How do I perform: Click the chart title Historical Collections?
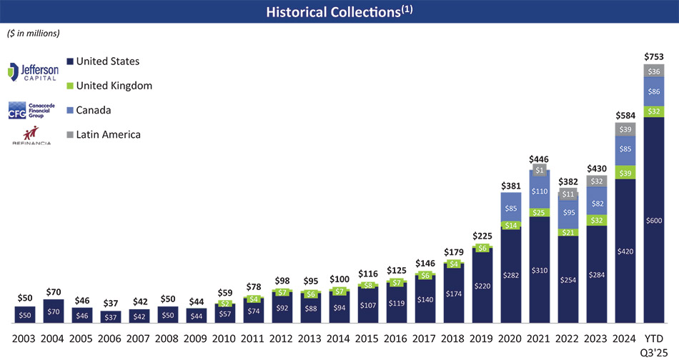(x=339, y=11)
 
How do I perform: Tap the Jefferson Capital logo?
(x=33, y=72)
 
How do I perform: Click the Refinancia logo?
(x=31, y=136)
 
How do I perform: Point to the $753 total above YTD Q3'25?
(x=653, y=57)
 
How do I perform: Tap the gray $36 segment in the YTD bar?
(x=653, y=71)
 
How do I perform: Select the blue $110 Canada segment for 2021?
(x=539, y=191)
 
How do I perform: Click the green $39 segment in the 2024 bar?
(x=625, y=173)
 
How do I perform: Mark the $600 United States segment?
(x=653, y=220)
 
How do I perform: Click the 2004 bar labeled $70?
(x=53, y=312)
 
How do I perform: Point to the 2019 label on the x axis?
(x=482, y=337)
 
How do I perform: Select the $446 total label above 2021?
(x=539, y=159)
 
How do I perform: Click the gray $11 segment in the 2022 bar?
(x=568, y=194)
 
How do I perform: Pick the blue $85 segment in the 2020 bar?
(x=510, y=209)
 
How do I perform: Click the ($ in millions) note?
(x=34, y=33)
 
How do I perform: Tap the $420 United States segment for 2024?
(x=625, y=251)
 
